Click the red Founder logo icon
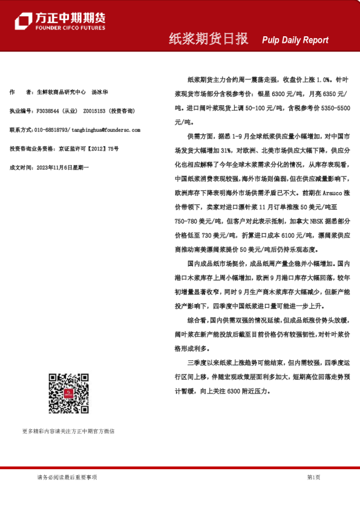click(x=23, y=21)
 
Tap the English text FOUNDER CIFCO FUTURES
click(x=71, y=28)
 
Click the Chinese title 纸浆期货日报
click(x=208, y=39)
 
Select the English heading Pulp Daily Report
click(x=295, y=40)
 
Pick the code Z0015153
click(x=94, y=112)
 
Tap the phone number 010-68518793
click(x=52, y=130)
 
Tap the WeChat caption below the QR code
click(x=68, y=431)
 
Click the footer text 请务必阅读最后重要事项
click(x=67, y=478)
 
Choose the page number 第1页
click(x=313, y=478)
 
